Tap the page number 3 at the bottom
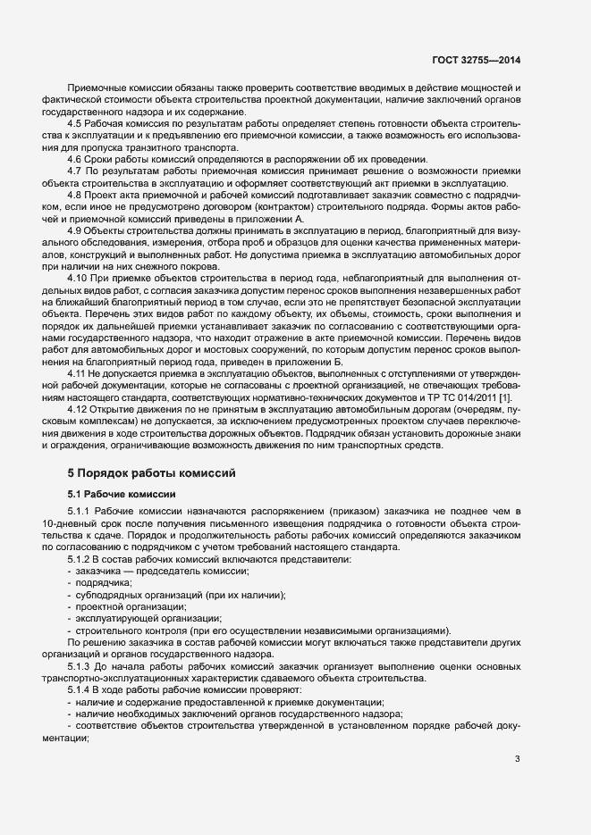pyautogui.click(x=517, y=759)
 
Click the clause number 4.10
pyautogui.click(x=78, y=279)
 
